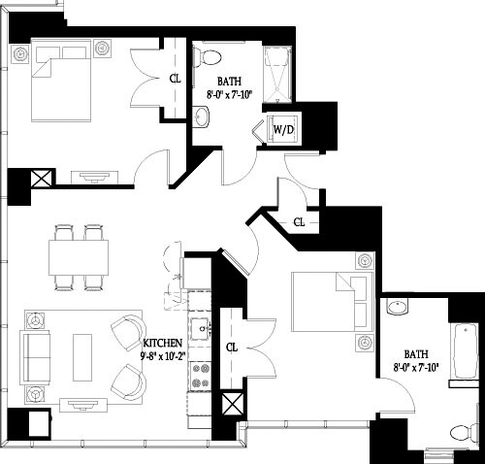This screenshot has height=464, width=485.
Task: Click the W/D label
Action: pyautogui.click(x=284, y=128)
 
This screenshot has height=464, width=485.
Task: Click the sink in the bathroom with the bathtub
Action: pyautogui.click(x=398, y=309)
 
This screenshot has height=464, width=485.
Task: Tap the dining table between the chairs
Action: pyautogui.click(x=79, y=257)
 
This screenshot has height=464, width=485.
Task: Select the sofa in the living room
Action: pyautogui.click(x=37, y=355)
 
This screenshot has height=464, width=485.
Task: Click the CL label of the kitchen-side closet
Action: pyautogui.click(x=232, y=346)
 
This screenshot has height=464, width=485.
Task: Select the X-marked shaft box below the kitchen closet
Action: pyautogui.click(x=233, y=405)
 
